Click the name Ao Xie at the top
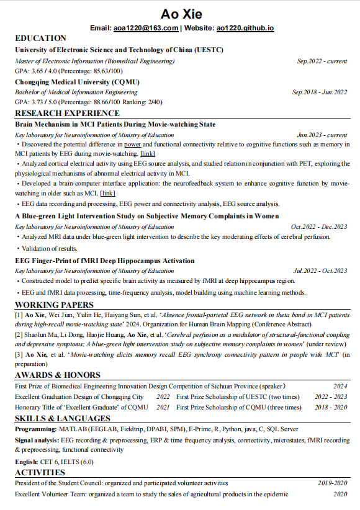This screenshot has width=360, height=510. point(181,14)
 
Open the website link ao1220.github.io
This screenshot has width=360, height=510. point(245,28)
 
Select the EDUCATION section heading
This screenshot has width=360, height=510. point(40,38)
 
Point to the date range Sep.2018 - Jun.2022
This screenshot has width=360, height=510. point(320,92)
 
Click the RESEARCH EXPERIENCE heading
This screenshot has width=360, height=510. point(67,113)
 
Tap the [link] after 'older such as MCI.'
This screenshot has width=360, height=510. point(107,193)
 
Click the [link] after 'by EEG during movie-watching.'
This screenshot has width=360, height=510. point(148,153)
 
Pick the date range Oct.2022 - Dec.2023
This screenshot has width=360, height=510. point(319,226)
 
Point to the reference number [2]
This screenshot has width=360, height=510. point(19,335)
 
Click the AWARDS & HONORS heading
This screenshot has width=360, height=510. point(57,375)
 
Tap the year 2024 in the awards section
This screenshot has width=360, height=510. point(340,386)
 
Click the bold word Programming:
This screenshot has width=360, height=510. point(35,429)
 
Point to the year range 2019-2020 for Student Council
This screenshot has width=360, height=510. point(333,483)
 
